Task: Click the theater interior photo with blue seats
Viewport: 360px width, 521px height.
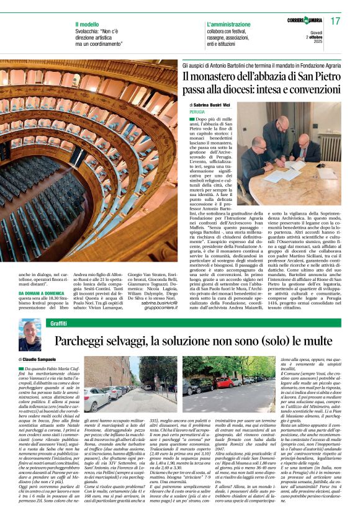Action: [x=90, y=174]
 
